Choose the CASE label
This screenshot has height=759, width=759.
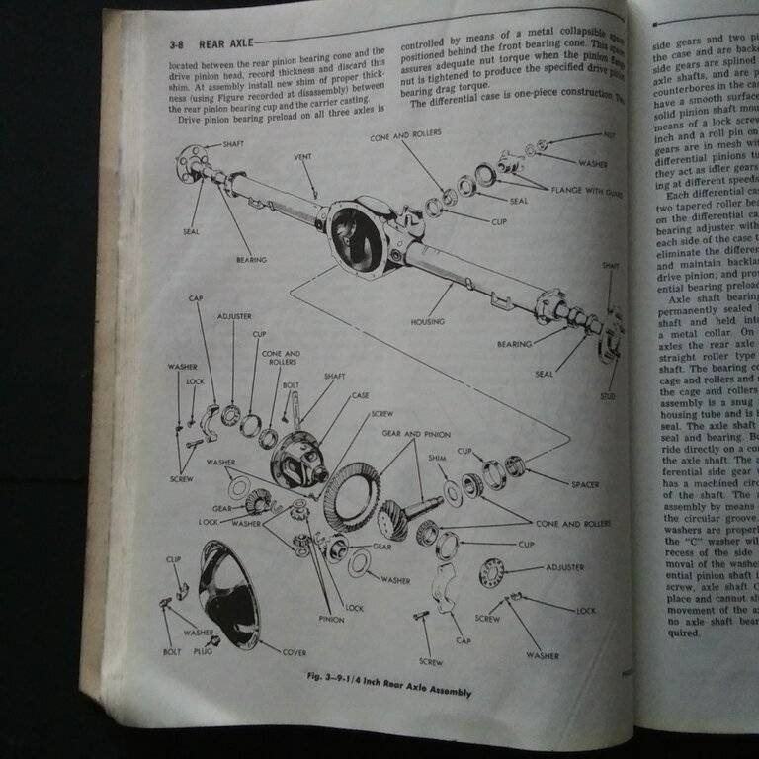pyautogui.click(x=361, y=396)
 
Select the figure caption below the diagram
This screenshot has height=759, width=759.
pyautogui.click(x=387, y=686)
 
